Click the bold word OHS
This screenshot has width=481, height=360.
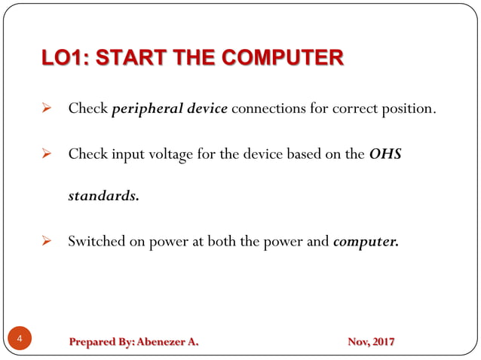[x=386, y=154]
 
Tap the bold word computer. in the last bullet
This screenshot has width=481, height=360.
[x=366, y=243]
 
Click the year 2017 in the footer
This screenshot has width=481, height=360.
[x=381, y=342]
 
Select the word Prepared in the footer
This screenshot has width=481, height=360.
[x=90, y=342]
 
